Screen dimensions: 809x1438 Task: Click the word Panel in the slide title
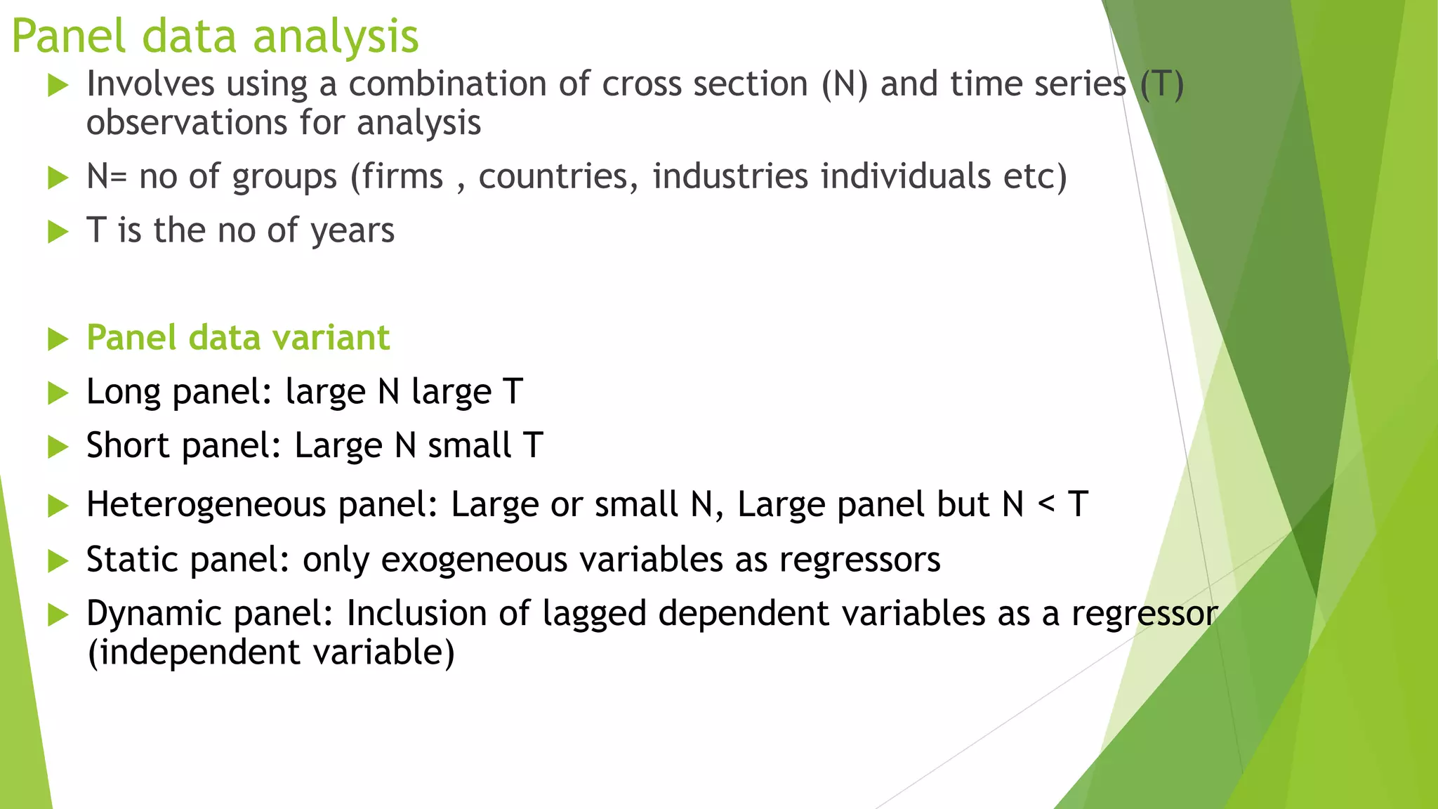69,37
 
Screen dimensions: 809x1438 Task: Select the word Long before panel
124,393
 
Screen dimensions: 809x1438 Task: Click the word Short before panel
128,446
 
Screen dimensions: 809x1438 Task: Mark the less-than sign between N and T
1046,504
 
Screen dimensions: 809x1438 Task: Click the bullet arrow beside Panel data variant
58,339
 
